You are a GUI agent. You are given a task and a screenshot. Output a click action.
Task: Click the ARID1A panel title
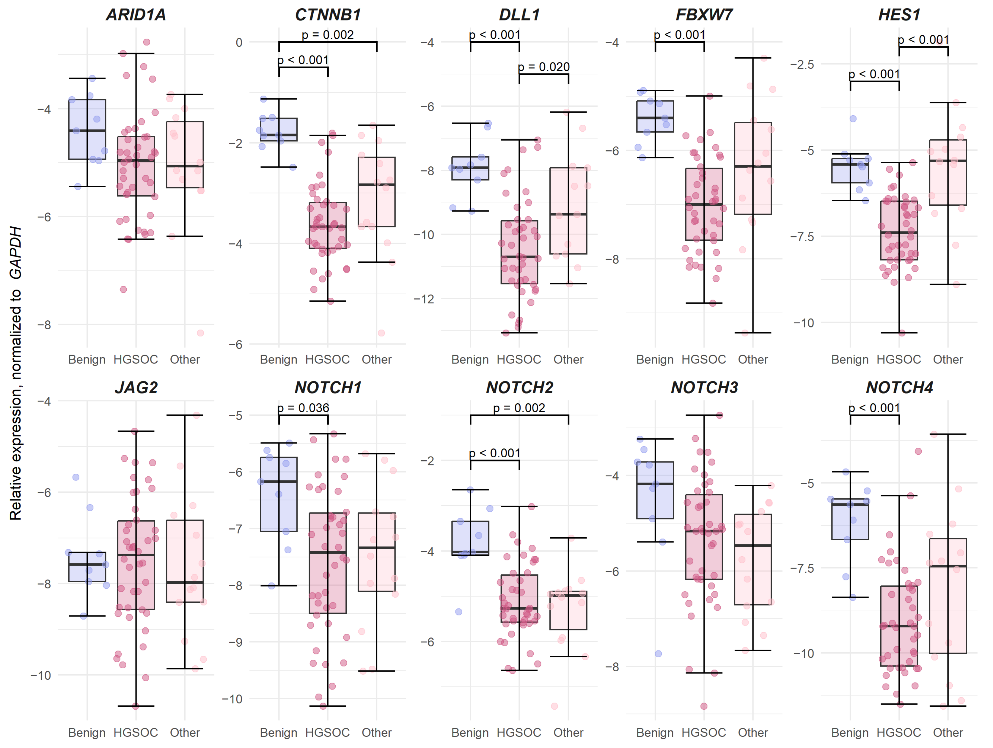coord(136,15)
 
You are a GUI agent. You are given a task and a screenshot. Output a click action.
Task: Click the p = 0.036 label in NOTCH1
coord(303,408)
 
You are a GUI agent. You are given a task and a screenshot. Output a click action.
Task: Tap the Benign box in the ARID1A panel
coord(87,129)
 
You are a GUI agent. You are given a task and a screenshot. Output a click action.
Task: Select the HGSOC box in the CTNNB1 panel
coord(328,225)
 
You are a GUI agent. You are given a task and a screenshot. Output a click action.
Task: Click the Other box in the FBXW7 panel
coord(753,168)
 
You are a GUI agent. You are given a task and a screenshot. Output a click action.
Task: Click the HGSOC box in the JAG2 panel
coord(136,565)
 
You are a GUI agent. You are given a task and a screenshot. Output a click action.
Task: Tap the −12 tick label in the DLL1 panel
coord(424,299)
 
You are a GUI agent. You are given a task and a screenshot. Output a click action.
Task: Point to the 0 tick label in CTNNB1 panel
coord(239,42)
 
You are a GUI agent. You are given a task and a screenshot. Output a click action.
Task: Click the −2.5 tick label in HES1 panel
coord(802,64)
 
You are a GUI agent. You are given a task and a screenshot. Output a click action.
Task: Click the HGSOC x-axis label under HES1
coord(899,359)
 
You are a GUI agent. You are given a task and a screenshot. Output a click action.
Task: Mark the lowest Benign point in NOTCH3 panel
coord(658,654)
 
